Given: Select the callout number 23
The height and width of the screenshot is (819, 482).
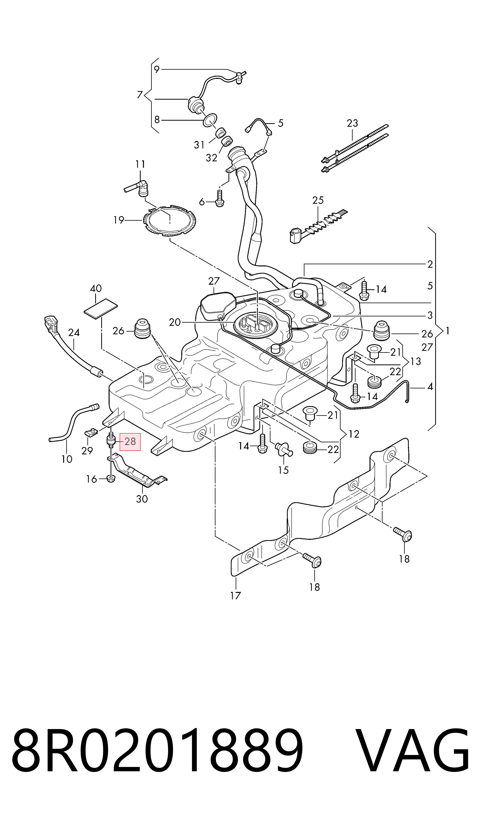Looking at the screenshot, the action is pos(352,123).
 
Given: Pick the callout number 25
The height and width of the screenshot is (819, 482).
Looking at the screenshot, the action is pos(318,200).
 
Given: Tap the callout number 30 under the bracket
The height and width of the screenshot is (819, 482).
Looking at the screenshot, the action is pos(142,499).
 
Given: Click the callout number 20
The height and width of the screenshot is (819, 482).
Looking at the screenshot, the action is pos(175,322).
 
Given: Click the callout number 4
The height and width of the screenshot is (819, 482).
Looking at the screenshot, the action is pos(430,387).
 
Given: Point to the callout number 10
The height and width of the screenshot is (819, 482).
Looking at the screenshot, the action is pos(67,459).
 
